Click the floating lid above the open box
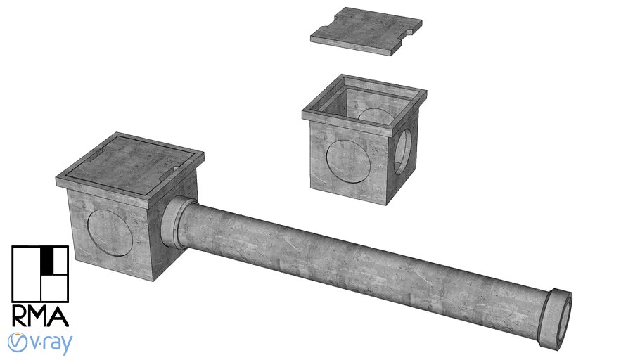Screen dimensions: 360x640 (367, 32)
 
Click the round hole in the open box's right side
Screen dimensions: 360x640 (403, 151)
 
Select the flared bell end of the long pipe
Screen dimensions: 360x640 (559, 319)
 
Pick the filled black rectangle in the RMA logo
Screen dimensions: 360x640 (48, 259)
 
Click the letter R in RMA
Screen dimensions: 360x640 (21, 316)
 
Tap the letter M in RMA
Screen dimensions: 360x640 (40, 316)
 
